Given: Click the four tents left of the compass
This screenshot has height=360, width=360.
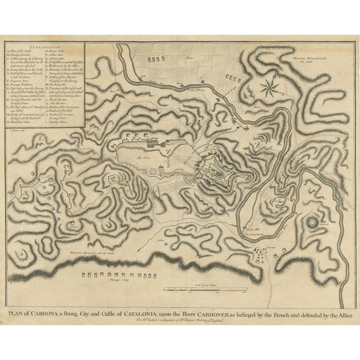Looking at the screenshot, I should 235,77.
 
